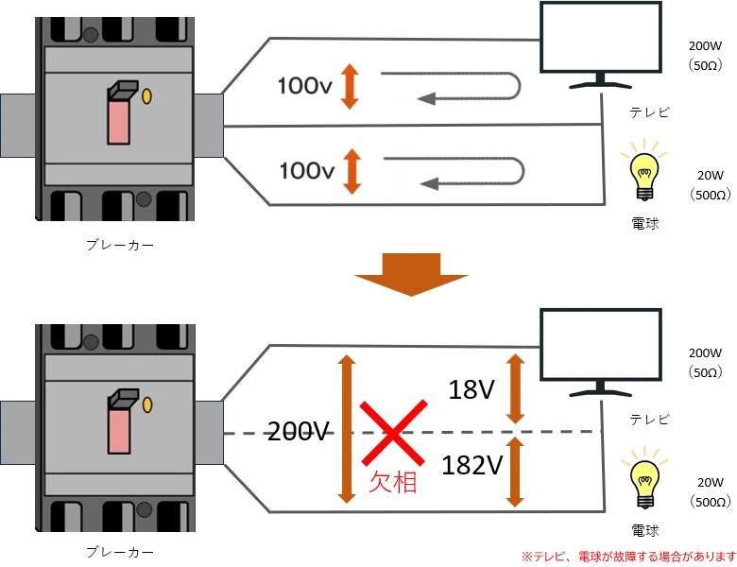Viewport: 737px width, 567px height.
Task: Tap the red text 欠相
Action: click(392, 483)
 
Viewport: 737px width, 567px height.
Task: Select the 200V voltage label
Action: click(298, 432)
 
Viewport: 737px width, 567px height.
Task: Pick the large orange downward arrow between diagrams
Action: click(411, 274)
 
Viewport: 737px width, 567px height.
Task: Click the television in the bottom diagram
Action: click(599, 354)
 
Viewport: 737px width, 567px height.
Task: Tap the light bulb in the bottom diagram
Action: click(644, 483)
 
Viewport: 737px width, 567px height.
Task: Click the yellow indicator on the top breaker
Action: click(147, 96)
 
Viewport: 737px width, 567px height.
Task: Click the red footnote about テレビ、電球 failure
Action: click(627, 555)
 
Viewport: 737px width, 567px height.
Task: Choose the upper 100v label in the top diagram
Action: click(305, 86)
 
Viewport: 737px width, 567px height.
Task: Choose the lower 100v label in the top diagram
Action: click(308, 171)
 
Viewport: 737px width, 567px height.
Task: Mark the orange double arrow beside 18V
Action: click(515, 389)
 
